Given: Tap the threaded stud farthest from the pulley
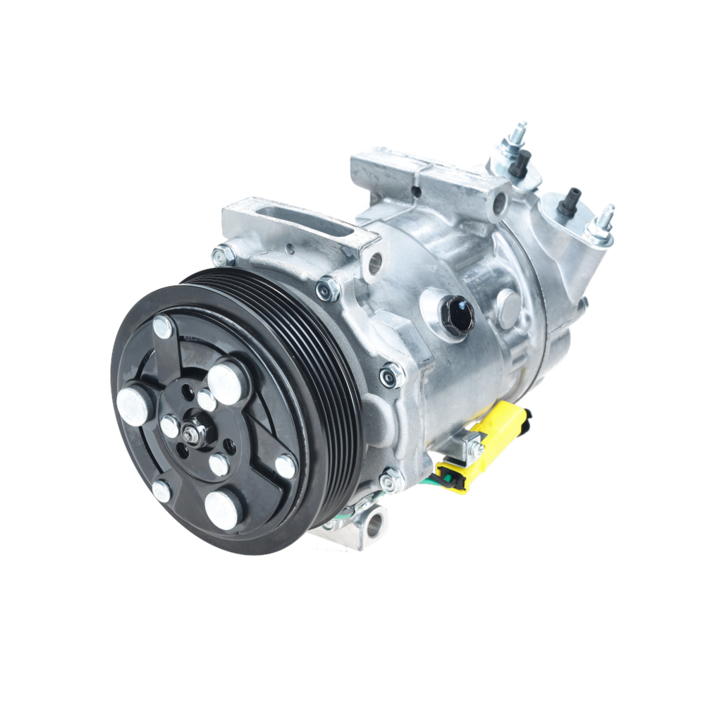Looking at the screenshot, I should click(x=602, y=223).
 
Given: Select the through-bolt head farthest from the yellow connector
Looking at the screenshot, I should click(x=223, y=255).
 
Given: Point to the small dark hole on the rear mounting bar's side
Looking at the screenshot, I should click(x=417, y=190).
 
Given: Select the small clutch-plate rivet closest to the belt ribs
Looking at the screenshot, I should click(x=286, y=465).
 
